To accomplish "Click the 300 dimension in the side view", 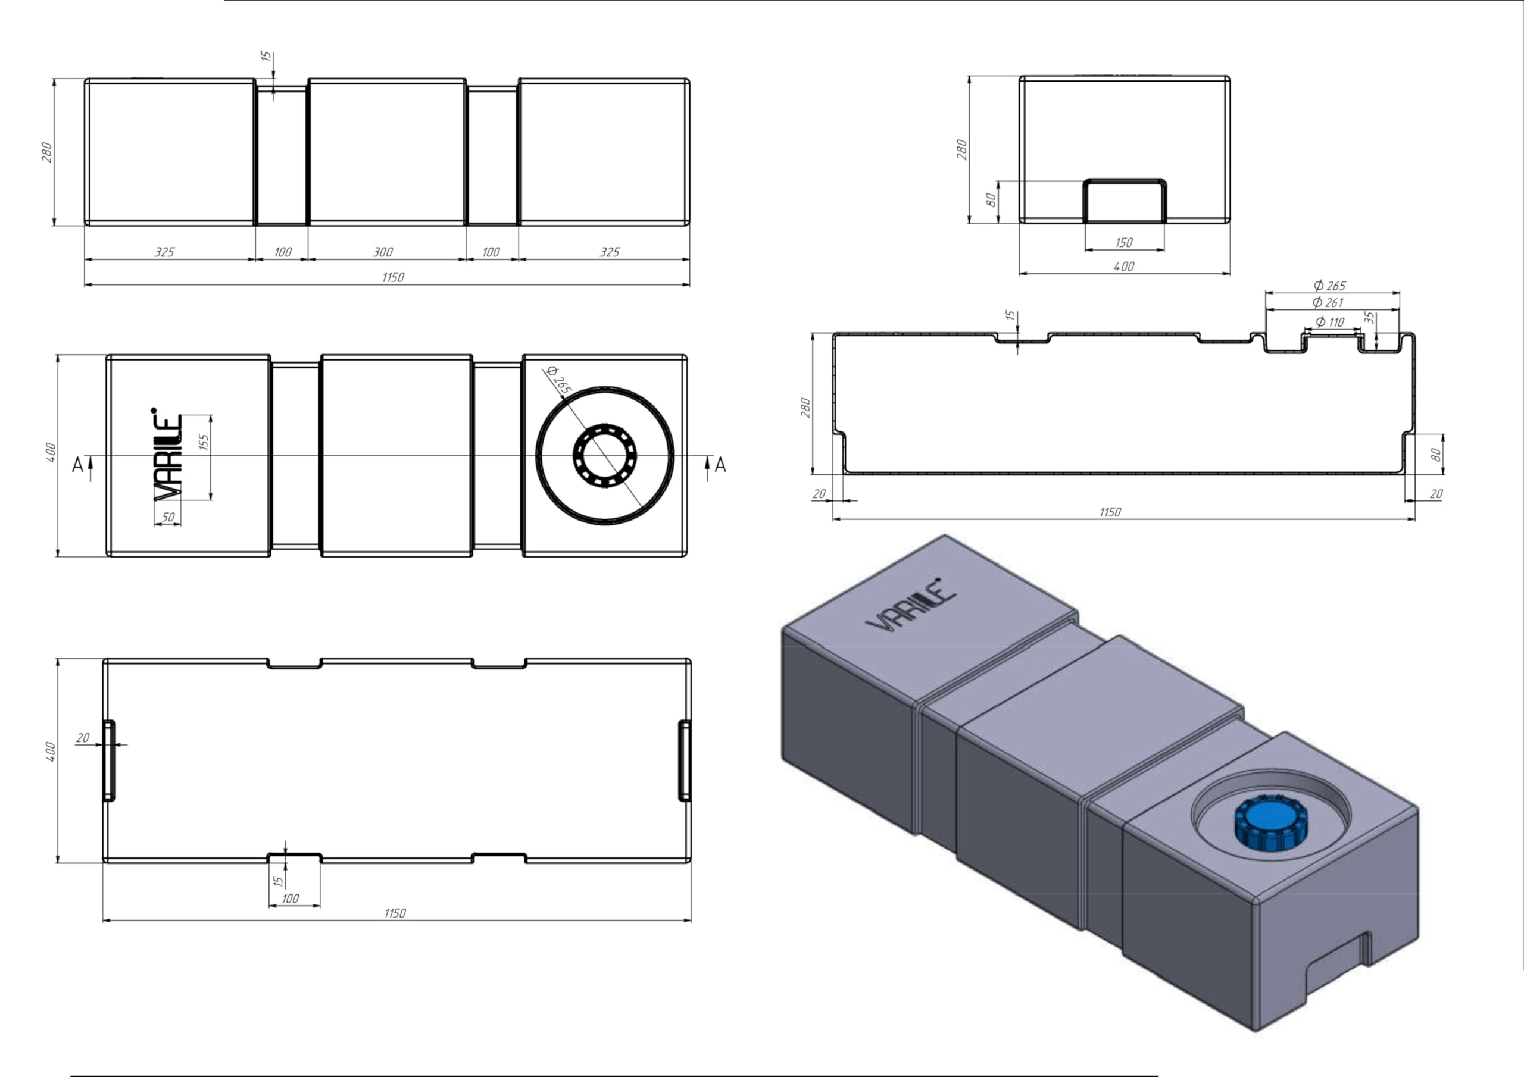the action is click(x=383, y=252).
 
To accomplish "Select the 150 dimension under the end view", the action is click(x=1124, y=243).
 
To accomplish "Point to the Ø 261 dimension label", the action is click(x=1328, y=303).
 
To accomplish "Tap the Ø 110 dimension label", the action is click(x=1330, y=322).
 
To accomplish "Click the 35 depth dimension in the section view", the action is click(x=1369, y=318).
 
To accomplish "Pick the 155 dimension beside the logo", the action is click(x=204, y=442).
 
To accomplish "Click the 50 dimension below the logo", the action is click(x=168, y=517).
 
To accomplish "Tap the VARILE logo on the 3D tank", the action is click(x=911, y=605).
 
